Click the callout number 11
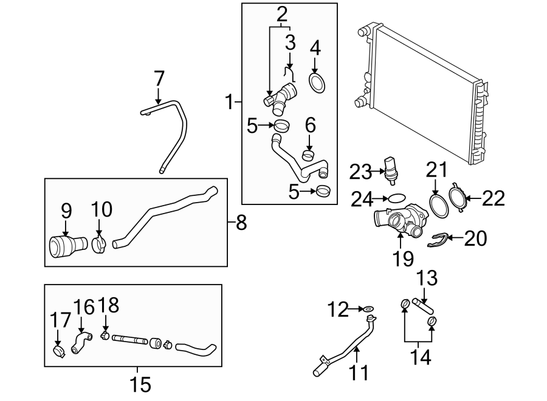click(x=359, y=371)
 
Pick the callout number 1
click(x=229, y=102)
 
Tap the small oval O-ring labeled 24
click(x=396, y=198)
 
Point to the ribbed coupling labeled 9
click(x=63, y=248)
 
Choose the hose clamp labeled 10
click(x=98, y=244)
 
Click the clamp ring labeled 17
click(x=58, y=350)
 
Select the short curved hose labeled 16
click(x=80, y=340)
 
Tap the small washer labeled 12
click(x=370, y=310)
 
